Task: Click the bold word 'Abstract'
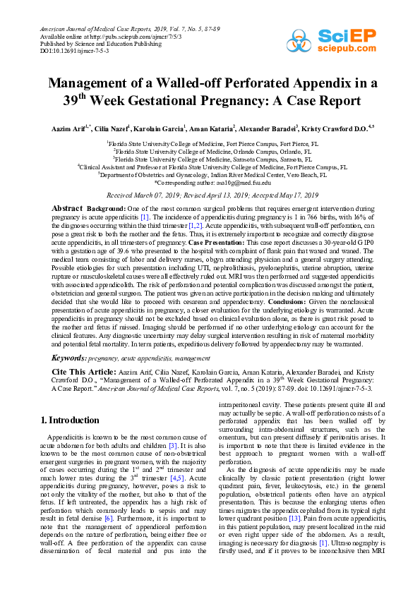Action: coord(68,210)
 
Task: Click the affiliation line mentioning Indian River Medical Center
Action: coord(210,175)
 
